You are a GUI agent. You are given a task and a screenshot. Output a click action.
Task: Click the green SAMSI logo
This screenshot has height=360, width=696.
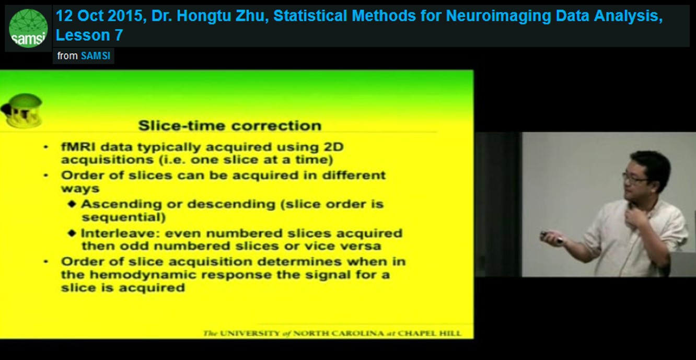[x=28, y=28]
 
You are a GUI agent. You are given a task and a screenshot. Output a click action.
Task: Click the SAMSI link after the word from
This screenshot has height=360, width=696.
[x=96, y=56]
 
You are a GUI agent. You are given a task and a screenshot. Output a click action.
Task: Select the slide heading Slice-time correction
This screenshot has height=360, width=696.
[x=229, y=125]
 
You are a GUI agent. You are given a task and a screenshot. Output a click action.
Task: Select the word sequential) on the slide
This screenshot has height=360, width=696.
[x=123, y=217]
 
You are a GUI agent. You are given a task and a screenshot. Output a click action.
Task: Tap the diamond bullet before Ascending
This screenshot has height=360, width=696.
[x=72, y=204]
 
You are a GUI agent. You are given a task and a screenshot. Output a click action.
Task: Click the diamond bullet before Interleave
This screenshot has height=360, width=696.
[x=72, y=233]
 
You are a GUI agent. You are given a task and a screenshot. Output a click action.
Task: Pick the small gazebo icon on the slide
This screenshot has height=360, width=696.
[x=22, y=111]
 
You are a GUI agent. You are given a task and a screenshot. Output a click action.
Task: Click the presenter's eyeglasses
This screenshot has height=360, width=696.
[x=635, y=179]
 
